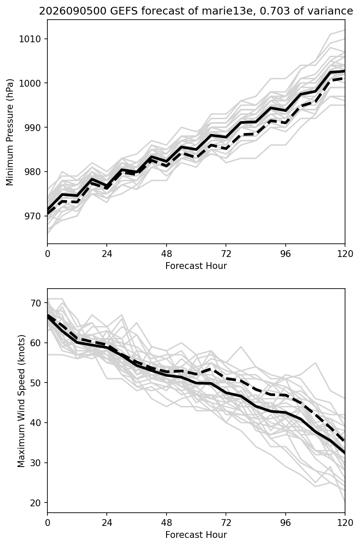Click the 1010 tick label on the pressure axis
pos(30,39)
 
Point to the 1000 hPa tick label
pos(30,83)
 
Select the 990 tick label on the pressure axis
pos(32,128)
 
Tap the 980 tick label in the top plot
pos(32,172)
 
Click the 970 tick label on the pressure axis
pos(32,216)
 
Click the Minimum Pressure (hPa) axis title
pos(10,132)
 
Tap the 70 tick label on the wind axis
pos(35,303)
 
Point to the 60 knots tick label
pos(35,343)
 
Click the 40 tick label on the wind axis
pos(35,423)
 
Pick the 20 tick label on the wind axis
pos(35,502)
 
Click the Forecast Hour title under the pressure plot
pos(196,266)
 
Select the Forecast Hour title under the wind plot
pos(196,535)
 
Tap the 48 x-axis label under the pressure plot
pos(167,254)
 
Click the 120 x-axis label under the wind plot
pos(345,523)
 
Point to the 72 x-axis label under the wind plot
pos(226,523)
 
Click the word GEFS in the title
pos(124,11)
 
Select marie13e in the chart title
pos(227,11)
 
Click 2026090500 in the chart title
pos(73,11)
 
